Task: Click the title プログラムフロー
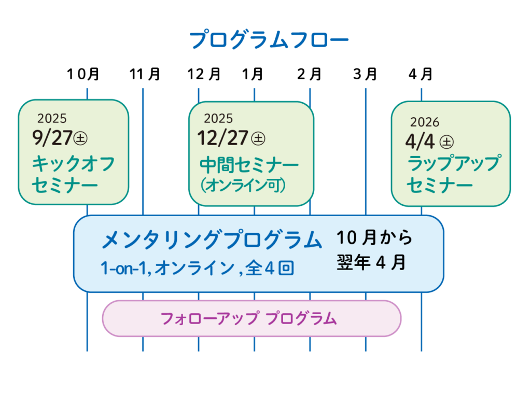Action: coord(269,39)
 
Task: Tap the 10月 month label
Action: coord(83,74)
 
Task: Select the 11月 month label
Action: coord(145,74)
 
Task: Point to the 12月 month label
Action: coord(204,74)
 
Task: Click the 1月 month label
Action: coord(253,74)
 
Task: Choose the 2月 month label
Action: coord(309,74)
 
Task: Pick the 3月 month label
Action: coord(365,74)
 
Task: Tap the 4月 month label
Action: coord(421,74)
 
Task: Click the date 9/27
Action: coord(52,138)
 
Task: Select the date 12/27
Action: coord(223,138)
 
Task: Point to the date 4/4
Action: coord(420,142)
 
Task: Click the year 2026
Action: coord(425,122)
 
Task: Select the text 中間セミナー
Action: coord(249,165)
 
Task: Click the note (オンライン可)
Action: coord(243,185)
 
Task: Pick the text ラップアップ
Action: coord(454,163)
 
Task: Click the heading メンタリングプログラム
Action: coord(212,240)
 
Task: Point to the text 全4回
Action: coord(270,268)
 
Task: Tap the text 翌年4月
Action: coord(371,262)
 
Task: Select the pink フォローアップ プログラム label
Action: coord(248,319)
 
